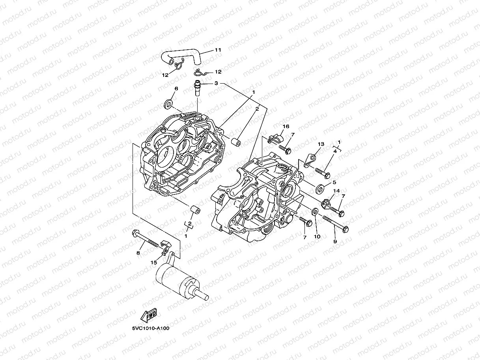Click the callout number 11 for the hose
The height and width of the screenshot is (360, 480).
click(218, 50)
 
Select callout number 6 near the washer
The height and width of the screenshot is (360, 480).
click(176, 89)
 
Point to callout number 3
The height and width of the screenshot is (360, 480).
click(216, 84)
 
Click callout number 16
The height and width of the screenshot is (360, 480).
click(286, 126)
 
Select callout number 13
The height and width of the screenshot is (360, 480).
click(321, 144)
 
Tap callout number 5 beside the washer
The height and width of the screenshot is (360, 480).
click(334, 182)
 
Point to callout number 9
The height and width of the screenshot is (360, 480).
click(335, 241)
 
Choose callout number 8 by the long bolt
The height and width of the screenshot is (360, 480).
click(138, 253)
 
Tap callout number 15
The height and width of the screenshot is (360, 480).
click(154, 262)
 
